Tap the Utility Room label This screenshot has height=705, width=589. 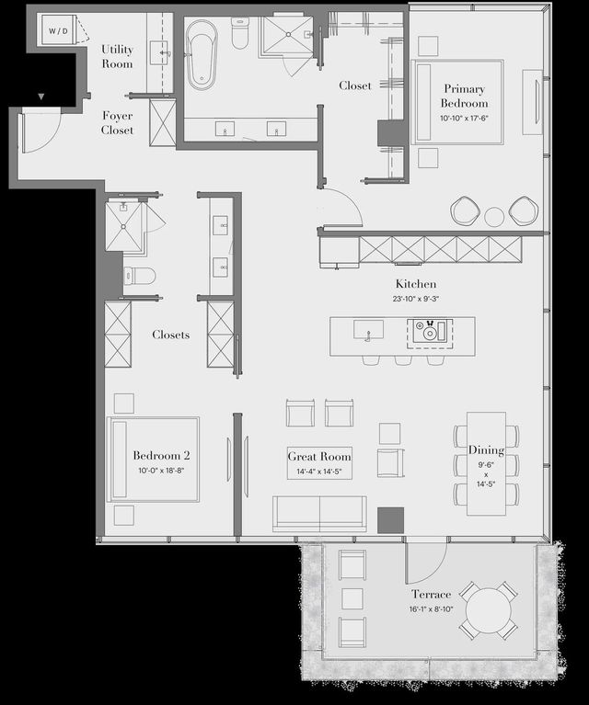pyautogui.click(x=117, y=56)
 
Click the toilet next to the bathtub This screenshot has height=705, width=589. pyautogui.click(x=240, y=35)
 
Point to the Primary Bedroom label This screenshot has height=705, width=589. pyautogui.click(x=463, y=97)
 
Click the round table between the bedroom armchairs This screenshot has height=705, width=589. pyautogui.click(x=495, y=217)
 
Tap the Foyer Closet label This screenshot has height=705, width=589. pyautogui.click(x=117, y=123)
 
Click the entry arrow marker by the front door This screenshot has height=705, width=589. pyautogui.click(x=40, y=96)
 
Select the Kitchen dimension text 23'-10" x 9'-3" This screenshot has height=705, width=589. pyautogui.click(x=416, y=299)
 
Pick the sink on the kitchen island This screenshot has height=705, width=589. pyautogui.click(x=369, y=329)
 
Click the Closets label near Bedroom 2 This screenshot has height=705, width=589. pyautogui.click(x=171, y=335)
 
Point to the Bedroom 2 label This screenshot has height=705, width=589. pyautogui.click(x=161, y=456)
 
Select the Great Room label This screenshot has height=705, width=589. pyautogui.click(x=319, y=456)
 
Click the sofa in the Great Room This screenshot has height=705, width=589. pyautogui.click(x=319, y=512)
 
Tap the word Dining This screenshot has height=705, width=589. pyautogui.click(x=486, y=450)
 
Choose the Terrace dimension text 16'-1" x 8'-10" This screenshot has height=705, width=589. pyautogui.click(x=431, y=609)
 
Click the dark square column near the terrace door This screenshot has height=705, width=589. pyautogui.click(x=390, y=519)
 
